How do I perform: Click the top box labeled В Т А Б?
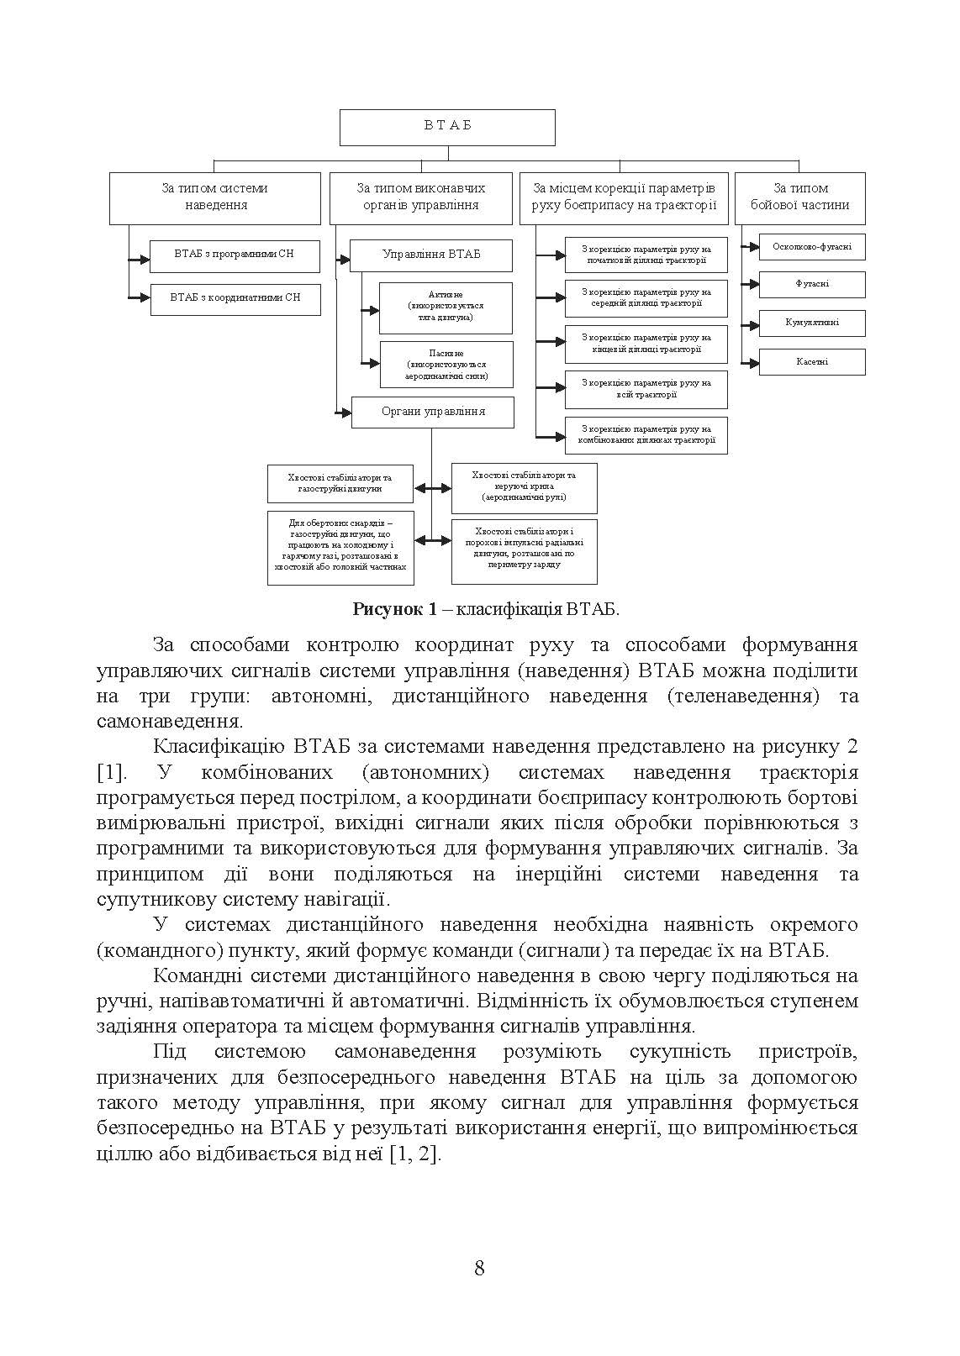[x=447, y=127]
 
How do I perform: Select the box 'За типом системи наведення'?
[x=215, y=198]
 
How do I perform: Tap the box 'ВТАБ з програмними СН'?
[x=235, y=255]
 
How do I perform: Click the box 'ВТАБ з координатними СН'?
[x=235, y=298]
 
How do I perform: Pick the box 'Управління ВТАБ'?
[x=430, y=255]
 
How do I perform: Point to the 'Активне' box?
[x=446, y=307]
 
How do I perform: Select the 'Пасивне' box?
[x=446, y=365]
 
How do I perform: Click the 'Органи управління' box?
[x=432, y=413]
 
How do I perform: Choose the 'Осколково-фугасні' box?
[x=811, y=247]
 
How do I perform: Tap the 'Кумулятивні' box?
[x=811, y=323]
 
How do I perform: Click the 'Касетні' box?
[x=811, y=362]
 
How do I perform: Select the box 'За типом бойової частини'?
[x=799, y=198]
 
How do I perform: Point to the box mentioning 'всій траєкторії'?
[x=646, y=389]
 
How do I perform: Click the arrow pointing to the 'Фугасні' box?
[x=750, y=285]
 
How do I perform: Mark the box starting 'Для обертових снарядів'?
[x=340, y=545]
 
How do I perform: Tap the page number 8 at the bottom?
[x=479, y=1268]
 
